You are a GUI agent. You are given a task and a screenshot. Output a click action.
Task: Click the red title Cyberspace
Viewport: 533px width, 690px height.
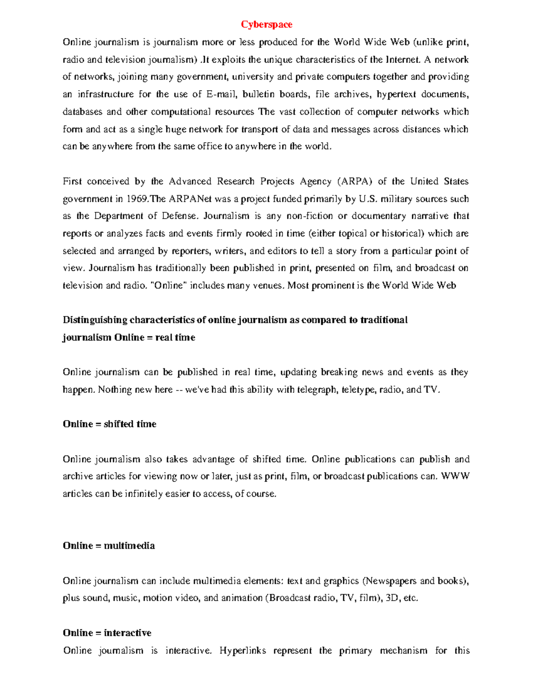point(266,24)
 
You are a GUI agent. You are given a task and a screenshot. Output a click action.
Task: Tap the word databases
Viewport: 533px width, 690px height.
point(82,112)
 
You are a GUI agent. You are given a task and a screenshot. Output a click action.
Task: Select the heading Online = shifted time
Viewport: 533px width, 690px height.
point(109,424)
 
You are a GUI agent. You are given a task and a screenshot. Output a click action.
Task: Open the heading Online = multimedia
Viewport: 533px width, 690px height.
point(109,546)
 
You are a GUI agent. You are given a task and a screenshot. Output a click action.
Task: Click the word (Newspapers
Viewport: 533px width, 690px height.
point(390,581)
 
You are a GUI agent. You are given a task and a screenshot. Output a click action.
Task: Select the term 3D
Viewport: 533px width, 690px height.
point(392,598)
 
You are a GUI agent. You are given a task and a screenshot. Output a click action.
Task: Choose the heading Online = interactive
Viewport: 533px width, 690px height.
point(107,633)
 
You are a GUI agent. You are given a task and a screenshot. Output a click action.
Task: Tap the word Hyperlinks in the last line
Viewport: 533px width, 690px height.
point(243,651)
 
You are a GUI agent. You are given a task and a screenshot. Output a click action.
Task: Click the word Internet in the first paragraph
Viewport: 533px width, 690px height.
point(402,60)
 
